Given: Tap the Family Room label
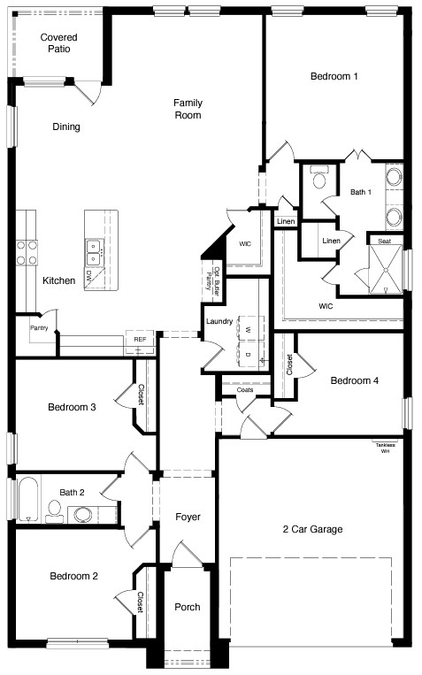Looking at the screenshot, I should click(x=187, y=108).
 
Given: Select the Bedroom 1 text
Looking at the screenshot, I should click(x=334, y=76).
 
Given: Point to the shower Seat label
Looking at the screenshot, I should click(x=384, y=241).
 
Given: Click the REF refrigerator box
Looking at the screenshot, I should click(x=140, y=339).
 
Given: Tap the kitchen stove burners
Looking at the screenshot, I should click(x=27, y=254).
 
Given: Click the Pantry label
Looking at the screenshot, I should click(x=39, y=327).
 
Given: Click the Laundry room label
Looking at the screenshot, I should click(x=218, y=321).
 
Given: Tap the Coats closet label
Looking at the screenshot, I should click(x=244, y=389).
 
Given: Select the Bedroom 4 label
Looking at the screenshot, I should click(x=354, y=380).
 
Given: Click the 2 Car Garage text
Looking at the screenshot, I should click(x=312, y=529).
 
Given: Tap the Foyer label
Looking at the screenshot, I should click(x=188, y=517).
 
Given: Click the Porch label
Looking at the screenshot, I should click(x=187, y=607).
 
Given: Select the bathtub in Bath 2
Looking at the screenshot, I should click(x=27, y=500).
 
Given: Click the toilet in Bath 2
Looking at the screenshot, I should click(x=54, y=509).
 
